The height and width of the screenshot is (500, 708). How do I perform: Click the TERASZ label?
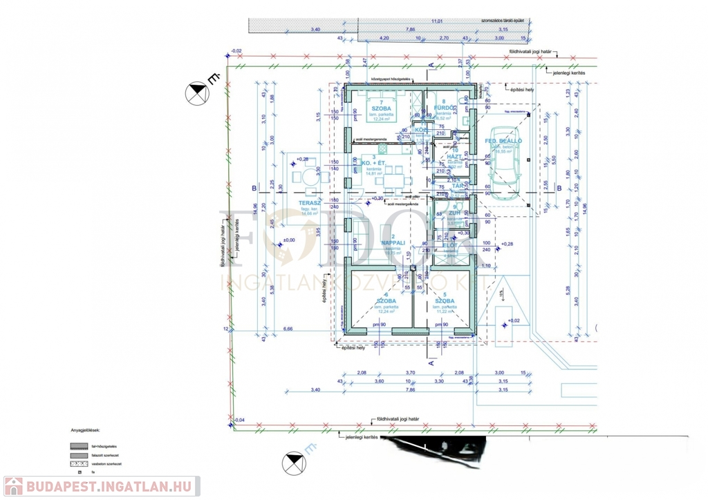[308, 203]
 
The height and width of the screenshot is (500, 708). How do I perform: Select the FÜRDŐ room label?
[443, 108]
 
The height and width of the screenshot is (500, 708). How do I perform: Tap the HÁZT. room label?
[455, 157]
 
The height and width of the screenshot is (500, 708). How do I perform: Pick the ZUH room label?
[454, 213]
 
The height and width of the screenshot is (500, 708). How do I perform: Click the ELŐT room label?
[449, 246]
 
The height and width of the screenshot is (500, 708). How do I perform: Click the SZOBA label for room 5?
[445, 302]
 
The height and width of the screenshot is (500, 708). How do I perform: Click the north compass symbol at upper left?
[197, 94]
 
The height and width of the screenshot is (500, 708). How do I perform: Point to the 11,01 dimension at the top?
[436, 21]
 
